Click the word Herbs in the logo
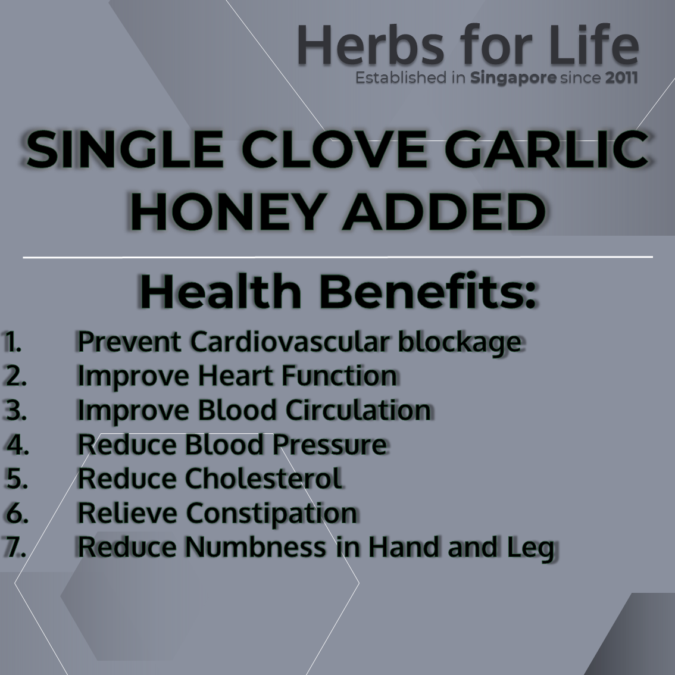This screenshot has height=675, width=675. [x=370, y=45]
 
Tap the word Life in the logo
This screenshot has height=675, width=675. [x=594, y=44]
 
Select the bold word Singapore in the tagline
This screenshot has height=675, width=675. [x=513, y=79]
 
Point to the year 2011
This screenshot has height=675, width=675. [x=621, y=78]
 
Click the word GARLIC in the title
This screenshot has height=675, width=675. [x=546, y=149]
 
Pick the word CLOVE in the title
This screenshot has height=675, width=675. [x=334, y=149]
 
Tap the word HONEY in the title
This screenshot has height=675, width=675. [x=229, y=212]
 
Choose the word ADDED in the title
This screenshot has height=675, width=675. [x=444, y=212]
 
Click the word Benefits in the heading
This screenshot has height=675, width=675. [x=429, y=291]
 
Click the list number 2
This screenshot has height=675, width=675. [x=15, y=376]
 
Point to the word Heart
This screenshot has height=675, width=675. [x=236, y=376]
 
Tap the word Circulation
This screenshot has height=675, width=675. [x=358, y=410]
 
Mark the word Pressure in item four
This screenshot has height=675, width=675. [x=330, y=444]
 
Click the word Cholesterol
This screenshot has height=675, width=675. [x=264, y=478]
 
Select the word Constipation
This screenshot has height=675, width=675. [x=271, y=514]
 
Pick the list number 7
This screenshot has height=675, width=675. [x=15, y=546]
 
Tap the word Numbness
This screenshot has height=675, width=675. [x=256, y=546]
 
